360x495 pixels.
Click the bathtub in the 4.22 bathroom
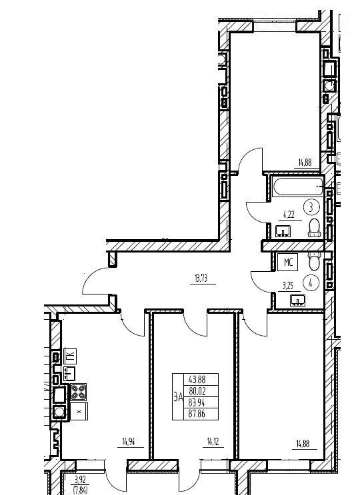tap(298, 187)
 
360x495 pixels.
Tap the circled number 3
tap(311, 207)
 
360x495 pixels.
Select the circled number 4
tap(311, 283)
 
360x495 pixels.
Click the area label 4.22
tap(288, 215)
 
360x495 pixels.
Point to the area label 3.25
tap(288, 286)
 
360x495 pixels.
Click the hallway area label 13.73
tap(201, 278)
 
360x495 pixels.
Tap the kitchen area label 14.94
tap(129, 442)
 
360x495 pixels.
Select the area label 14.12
tap(213, 442)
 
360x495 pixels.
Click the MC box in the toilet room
tap(288, 262)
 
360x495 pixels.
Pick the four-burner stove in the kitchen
tap(78, 392)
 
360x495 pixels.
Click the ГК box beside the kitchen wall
tap(71, 356)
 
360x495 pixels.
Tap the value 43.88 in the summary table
tap(197, 379)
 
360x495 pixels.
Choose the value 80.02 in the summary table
tap(197, 391)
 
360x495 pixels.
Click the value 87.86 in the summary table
tap(197, 414)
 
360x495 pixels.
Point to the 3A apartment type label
tap(178, 397)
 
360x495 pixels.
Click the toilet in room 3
tap(315, 228)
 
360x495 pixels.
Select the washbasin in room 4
tap(297, 300)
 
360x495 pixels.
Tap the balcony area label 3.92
tap(80, 480)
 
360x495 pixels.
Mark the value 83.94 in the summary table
tap(197, 402)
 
